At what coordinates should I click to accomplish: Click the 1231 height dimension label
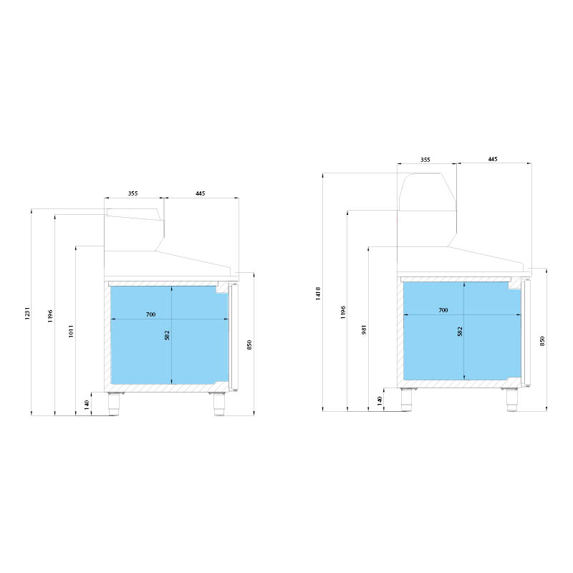point(27,314)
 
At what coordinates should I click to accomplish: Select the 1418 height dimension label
point(318,294)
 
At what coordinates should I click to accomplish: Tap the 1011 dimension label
point(71,331)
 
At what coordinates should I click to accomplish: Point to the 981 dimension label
point(364,330)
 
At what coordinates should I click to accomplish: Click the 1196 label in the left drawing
point(50,316)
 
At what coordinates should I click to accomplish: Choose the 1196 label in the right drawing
point(343,312)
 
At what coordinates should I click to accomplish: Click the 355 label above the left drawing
point(133,193)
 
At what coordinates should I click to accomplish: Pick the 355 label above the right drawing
point(425,160)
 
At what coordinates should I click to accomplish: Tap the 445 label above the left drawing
point(201,193)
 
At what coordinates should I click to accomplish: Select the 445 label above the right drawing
point(493,159)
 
